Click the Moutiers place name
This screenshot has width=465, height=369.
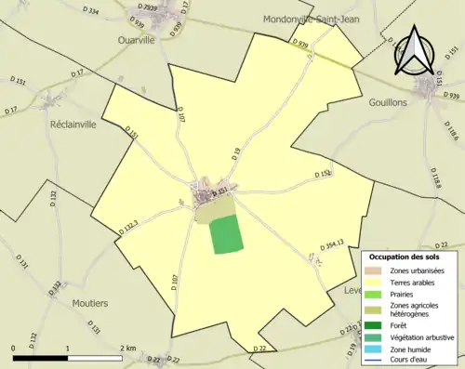(x=89, y=303)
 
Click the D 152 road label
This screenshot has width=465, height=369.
(x=322, y=174)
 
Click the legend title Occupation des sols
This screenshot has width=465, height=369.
(x=404, y=256)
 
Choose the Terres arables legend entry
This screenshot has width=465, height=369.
(x=416, y=281)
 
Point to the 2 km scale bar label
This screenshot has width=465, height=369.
(x=127, y=349)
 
